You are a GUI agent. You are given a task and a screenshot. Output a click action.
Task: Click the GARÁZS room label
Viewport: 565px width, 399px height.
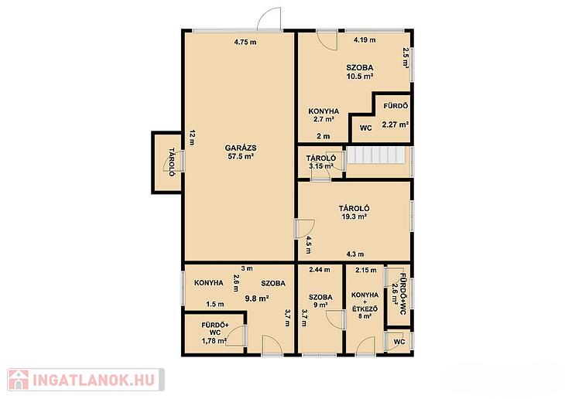click(x=241, y=148)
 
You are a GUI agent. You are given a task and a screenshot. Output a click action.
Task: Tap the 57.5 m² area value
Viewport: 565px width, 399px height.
click(x=241, y=156)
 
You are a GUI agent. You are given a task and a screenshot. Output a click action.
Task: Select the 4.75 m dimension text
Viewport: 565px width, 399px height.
click(x=245, y=42)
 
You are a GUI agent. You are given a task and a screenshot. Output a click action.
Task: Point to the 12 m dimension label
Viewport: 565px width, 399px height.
click(x=192, y=137)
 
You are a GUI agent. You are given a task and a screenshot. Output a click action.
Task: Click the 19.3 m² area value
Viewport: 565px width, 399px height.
click(x=354, y=217)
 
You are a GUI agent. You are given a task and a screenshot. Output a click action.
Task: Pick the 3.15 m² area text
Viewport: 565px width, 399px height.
click(x=320, y=166)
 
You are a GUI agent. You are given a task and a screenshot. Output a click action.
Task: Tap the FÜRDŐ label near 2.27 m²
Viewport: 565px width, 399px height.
click(x=395, y=106)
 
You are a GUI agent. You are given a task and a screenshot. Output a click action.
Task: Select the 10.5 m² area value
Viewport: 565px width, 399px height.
click(x=359, y=77)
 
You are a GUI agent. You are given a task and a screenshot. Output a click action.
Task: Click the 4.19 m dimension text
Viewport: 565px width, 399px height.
click(x=365, y=40)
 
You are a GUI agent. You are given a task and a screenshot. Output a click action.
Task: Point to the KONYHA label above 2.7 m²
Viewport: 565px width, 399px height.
click(x=324, y=111)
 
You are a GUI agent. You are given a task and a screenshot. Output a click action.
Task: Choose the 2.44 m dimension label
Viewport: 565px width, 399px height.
click(x=320, y=270)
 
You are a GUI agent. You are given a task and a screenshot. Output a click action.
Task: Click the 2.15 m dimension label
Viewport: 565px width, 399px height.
click(x=366, y=270)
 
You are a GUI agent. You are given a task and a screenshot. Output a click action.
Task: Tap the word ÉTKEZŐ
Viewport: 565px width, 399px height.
click(x=365, y=309)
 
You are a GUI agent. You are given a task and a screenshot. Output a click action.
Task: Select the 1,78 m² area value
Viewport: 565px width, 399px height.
click(x=214, y=341)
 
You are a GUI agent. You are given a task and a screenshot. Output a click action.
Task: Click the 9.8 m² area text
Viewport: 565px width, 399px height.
click(x=257, y=298)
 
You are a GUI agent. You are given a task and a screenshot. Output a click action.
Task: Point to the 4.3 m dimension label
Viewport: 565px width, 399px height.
click(x=355, y=254)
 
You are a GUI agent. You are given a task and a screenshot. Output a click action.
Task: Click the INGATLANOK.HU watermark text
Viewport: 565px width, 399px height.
click(x=94, y=380)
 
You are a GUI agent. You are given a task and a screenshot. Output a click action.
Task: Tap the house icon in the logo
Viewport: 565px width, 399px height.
click(x=19, y=380)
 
